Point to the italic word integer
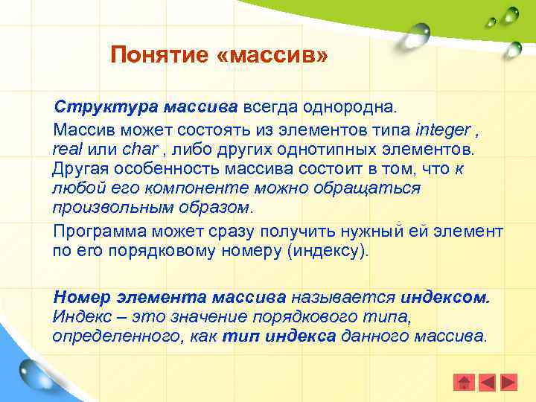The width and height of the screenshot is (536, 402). pyautogui.click(x=444, y=130)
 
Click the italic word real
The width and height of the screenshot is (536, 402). pyautogui.click(x=66, y=149)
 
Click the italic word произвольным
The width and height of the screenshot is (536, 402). pyautogui.click(x=101, y=206)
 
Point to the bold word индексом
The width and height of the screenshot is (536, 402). pyautogui.click(x=446, y=297)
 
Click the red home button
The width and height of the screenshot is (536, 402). pyautogui.click(x=464, y=383)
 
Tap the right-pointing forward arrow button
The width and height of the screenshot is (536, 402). pyautogui.click(x=508, y=383)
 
